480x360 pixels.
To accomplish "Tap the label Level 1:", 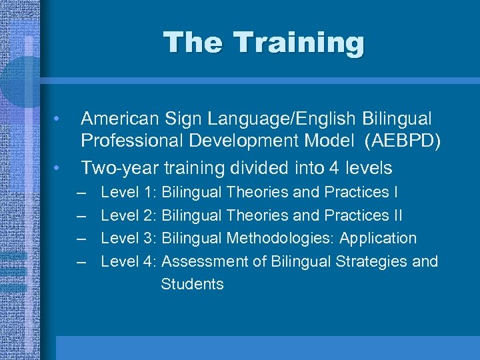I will pos(129,193).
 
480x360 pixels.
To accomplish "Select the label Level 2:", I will pos(129,215).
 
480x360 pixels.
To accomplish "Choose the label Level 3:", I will pos(129,238).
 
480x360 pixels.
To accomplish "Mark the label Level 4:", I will pos(129,261).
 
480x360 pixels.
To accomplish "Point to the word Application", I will pos(377,238).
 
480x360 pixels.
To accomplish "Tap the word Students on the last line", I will pos(192,284).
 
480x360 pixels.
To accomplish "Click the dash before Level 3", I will pos(81,239).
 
